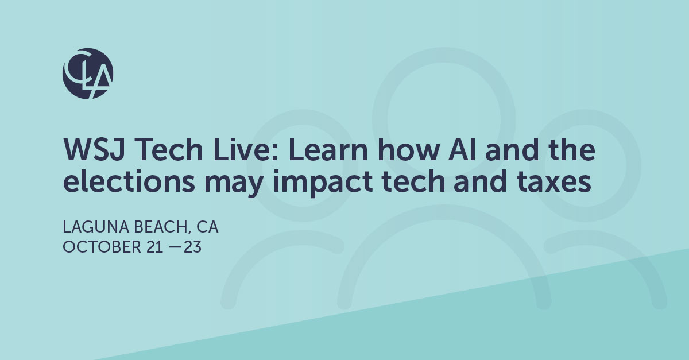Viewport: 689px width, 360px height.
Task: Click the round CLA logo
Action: [88, 73]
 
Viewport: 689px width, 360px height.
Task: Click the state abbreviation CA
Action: [207, 228]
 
